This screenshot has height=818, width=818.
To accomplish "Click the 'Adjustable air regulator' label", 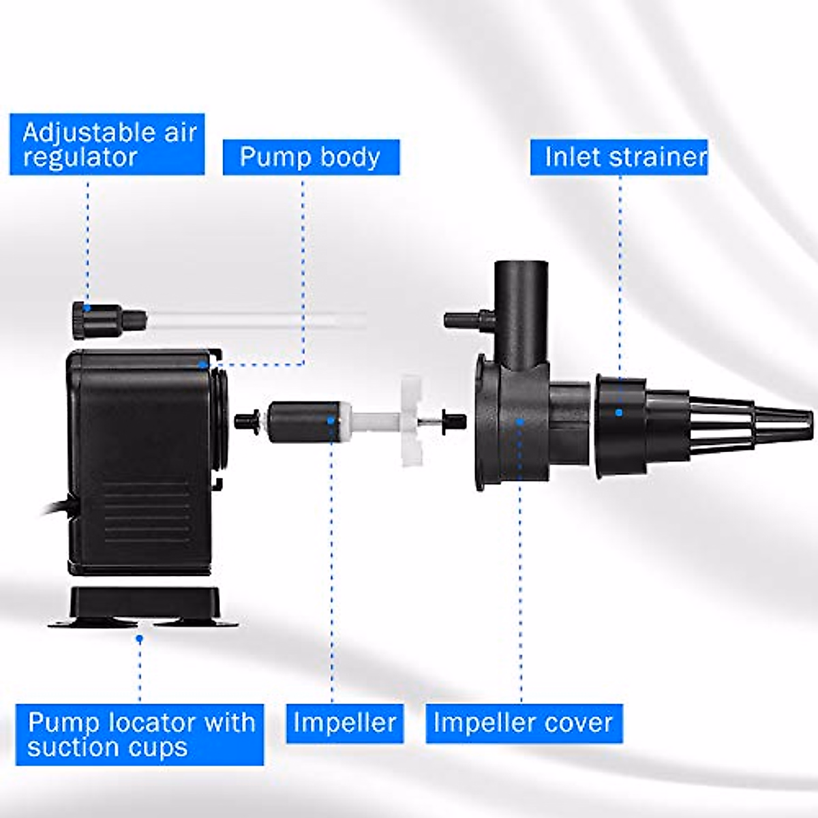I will coord(108,145).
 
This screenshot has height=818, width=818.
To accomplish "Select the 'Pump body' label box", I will coord(311,157).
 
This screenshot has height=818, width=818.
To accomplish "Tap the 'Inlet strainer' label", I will coord(619,157).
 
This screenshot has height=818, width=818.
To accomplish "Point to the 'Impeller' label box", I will coord(345,723).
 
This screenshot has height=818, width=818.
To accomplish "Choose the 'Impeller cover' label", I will coord(524,723).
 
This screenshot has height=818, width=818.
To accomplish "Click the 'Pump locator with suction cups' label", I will coord(140,735).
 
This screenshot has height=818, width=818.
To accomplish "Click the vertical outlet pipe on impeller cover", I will coord(517,300).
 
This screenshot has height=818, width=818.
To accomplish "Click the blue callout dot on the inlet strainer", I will coord(619,412).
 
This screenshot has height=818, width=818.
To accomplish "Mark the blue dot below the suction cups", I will coord(140,639).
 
